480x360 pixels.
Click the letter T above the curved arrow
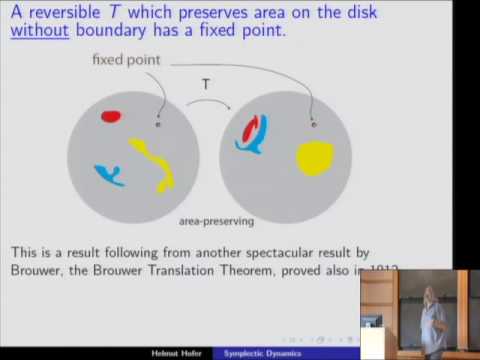pyautogui.click(x=206, y=86)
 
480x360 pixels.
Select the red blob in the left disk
pyautogui.click(x=110, y=116)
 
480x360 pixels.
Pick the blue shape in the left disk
pyautogui.click(x=108, y=175)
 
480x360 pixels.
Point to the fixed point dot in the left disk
pyautogui.click(x=158, y=125)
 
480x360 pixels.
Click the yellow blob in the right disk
pyautogui.click(x=314, y=157)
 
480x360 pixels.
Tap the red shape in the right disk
pyautogui.click(x=253, y=127)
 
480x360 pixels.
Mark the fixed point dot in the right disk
pyautogui.click(x=314, y=125)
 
